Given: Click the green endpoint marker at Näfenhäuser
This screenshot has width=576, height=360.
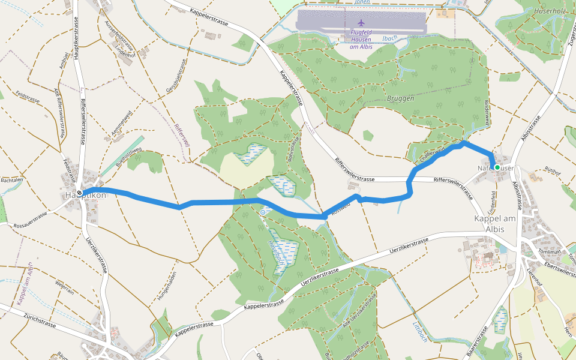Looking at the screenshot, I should [497, 167].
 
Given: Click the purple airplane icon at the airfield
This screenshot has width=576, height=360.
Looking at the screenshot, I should [361, 23].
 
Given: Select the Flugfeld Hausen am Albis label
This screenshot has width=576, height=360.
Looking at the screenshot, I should [361, 39].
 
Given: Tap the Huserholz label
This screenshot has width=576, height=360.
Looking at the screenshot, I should [544, 11].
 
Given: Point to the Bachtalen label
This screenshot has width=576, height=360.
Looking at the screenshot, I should [11, 179].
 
